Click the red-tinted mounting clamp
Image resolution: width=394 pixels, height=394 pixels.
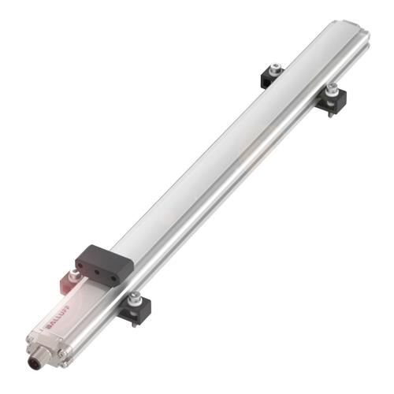[x=72, y=277]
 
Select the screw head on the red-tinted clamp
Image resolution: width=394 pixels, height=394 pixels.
[x=74, y=273]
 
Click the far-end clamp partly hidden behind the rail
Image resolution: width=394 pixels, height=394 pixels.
[x=273, y=76]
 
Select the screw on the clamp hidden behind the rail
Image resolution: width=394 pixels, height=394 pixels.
[x=275, y=70]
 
